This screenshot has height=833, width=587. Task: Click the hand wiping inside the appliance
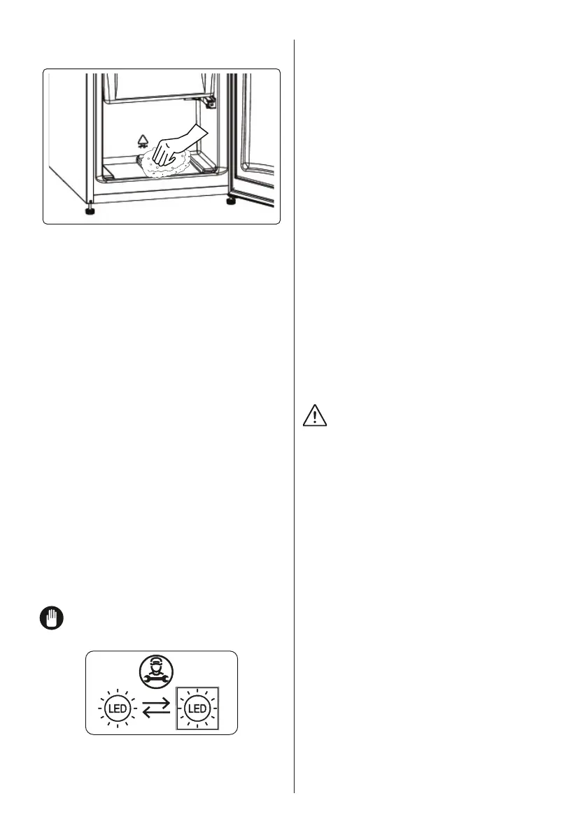coord(174,146)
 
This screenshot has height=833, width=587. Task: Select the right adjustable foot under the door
coord(231,201)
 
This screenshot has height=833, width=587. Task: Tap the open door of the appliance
coord(253,140)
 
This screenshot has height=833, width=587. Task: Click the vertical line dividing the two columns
coord(295,420)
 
